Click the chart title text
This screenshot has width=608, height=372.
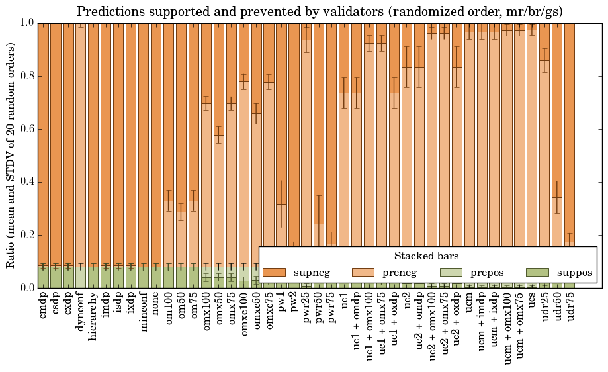coord(320,12)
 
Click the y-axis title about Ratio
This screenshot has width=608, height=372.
coord(11,156)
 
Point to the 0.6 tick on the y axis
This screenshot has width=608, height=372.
coord(26,129)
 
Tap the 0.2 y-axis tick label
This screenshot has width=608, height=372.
coord(26,235)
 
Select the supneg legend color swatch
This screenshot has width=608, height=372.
coord(274,273)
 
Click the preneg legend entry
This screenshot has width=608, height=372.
coord(398,273)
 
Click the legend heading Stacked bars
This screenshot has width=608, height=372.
coord(427,256)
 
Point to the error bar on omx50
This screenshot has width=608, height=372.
coord(219,134)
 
